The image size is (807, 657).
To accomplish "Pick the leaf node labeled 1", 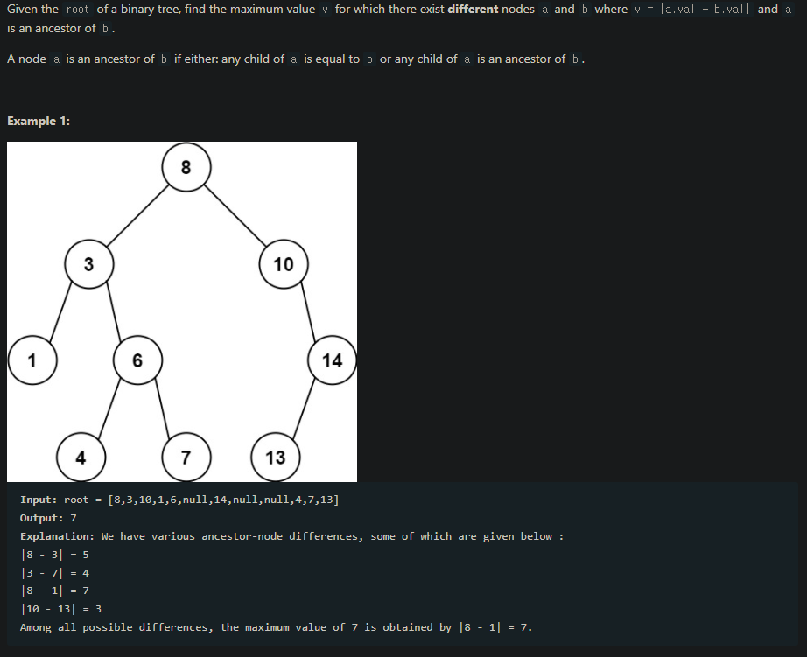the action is pyautogui.click(x=32, y=360).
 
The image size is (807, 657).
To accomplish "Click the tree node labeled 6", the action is pyautogui.click(x=137, y=360).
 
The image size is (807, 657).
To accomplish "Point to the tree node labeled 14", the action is pyautogui.click(x=333, y=360).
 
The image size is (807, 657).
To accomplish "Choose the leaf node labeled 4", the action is pyautogui.click(x=81, y=457).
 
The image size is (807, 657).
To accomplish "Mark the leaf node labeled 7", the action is pyautogui.click(x=186, y=457).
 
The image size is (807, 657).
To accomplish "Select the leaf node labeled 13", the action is pyautogui.click(x=275, y=457).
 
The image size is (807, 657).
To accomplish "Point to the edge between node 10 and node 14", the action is pyautogui.click(x=309, y=311).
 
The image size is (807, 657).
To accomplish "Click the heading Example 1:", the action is pyautogui.click(x=39, y=121).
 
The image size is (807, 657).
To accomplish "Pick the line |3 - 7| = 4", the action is pyautogui.click(x=54, y=573).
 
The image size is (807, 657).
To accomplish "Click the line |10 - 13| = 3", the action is pyautogui.click(x=61, y=608).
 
